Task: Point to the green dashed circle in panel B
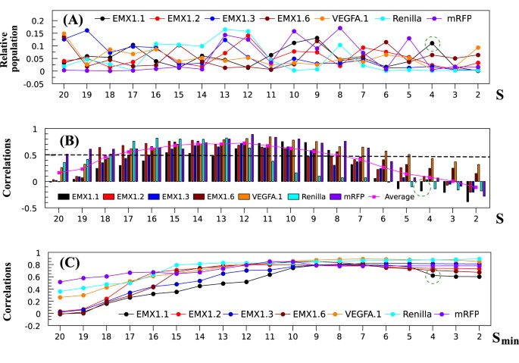[x=431, y=184]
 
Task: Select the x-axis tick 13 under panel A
[x=224, y=97]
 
